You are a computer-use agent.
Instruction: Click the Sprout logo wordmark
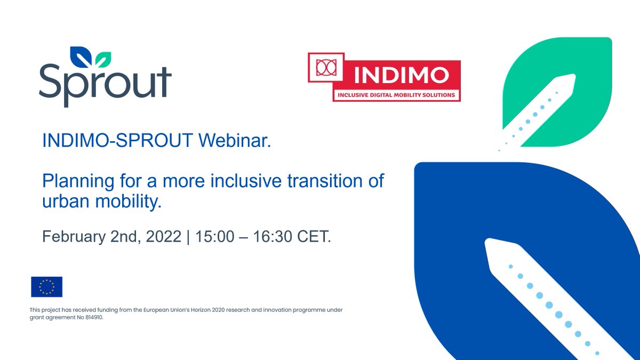click(x=105, y=83)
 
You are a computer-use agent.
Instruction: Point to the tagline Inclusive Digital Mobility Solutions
click(x=395, y=95)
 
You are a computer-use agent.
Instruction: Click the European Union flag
click(x=47, y=287)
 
